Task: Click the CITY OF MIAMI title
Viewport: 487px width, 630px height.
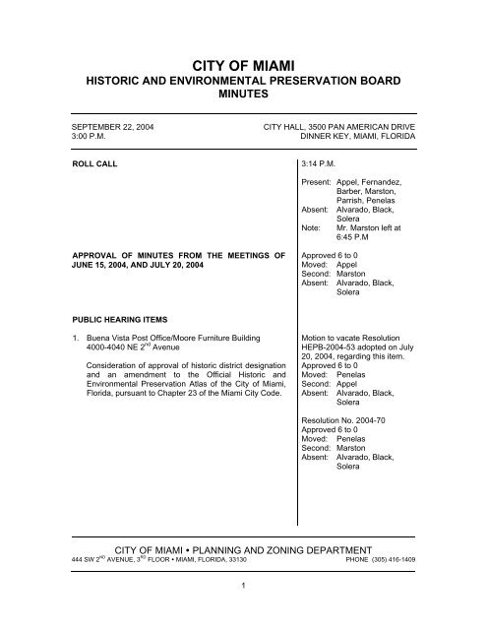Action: [243, 62]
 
